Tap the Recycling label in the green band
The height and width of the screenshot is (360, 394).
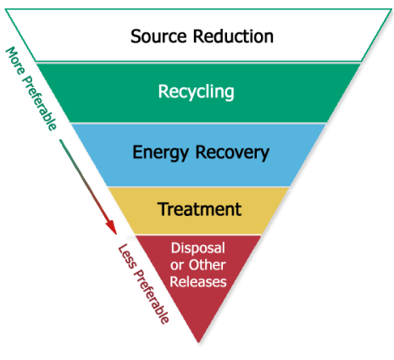(x=197, y=91)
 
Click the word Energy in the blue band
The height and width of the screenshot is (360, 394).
(x=161, y=153)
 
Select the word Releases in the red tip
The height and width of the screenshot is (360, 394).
(x=197, y=281)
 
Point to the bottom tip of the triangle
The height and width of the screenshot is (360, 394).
(x=197, y=341)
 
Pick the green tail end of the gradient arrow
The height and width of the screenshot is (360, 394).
(x=64, y=143)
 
